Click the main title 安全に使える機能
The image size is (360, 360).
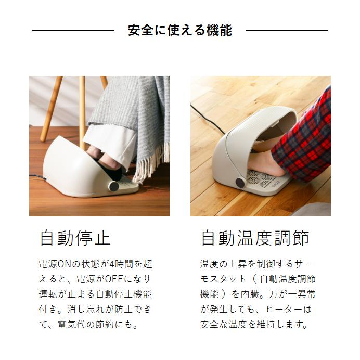179,30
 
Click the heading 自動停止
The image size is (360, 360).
75,238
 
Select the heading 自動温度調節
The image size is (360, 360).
254,238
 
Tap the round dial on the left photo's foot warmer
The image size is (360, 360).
113,186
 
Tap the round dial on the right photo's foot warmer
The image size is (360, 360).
239,183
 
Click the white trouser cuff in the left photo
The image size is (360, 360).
104,137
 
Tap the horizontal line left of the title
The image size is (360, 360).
73,31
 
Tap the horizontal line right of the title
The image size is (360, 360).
286,31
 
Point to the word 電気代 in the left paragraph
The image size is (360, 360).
76,325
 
